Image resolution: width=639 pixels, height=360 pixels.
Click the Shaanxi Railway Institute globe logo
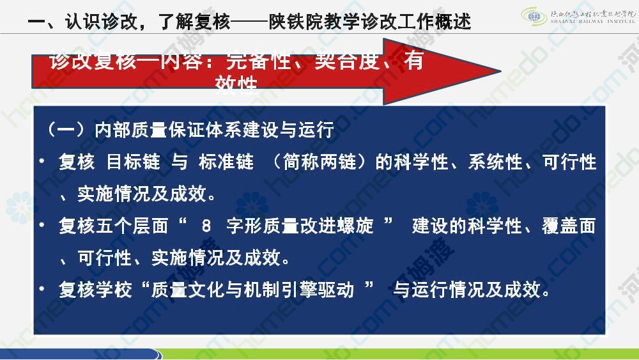534,17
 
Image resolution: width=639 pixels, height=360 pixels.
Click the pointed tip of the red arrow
501,72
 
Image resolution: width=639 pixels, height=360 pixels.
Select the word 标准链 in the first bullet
226,162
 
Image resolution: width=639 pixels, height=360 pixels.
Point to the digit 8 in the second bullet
206,226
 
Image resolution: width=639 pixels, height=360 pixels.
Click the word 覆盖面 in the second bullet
569,226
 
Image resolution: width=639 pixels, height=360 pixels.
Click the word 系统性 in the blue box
496,162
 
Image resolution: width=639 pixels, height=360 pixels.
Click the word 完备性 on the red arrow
258,61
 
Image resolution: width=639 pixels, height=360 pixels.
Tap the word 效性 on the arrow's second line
236,84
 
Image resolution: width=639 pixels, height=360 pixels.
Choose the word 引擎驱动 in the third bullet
317,290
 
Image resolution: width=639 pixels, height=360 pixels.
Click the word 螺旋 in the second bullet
355,226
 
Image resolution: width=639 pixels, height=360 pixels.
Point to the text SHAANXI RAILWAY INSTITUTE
593,21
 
